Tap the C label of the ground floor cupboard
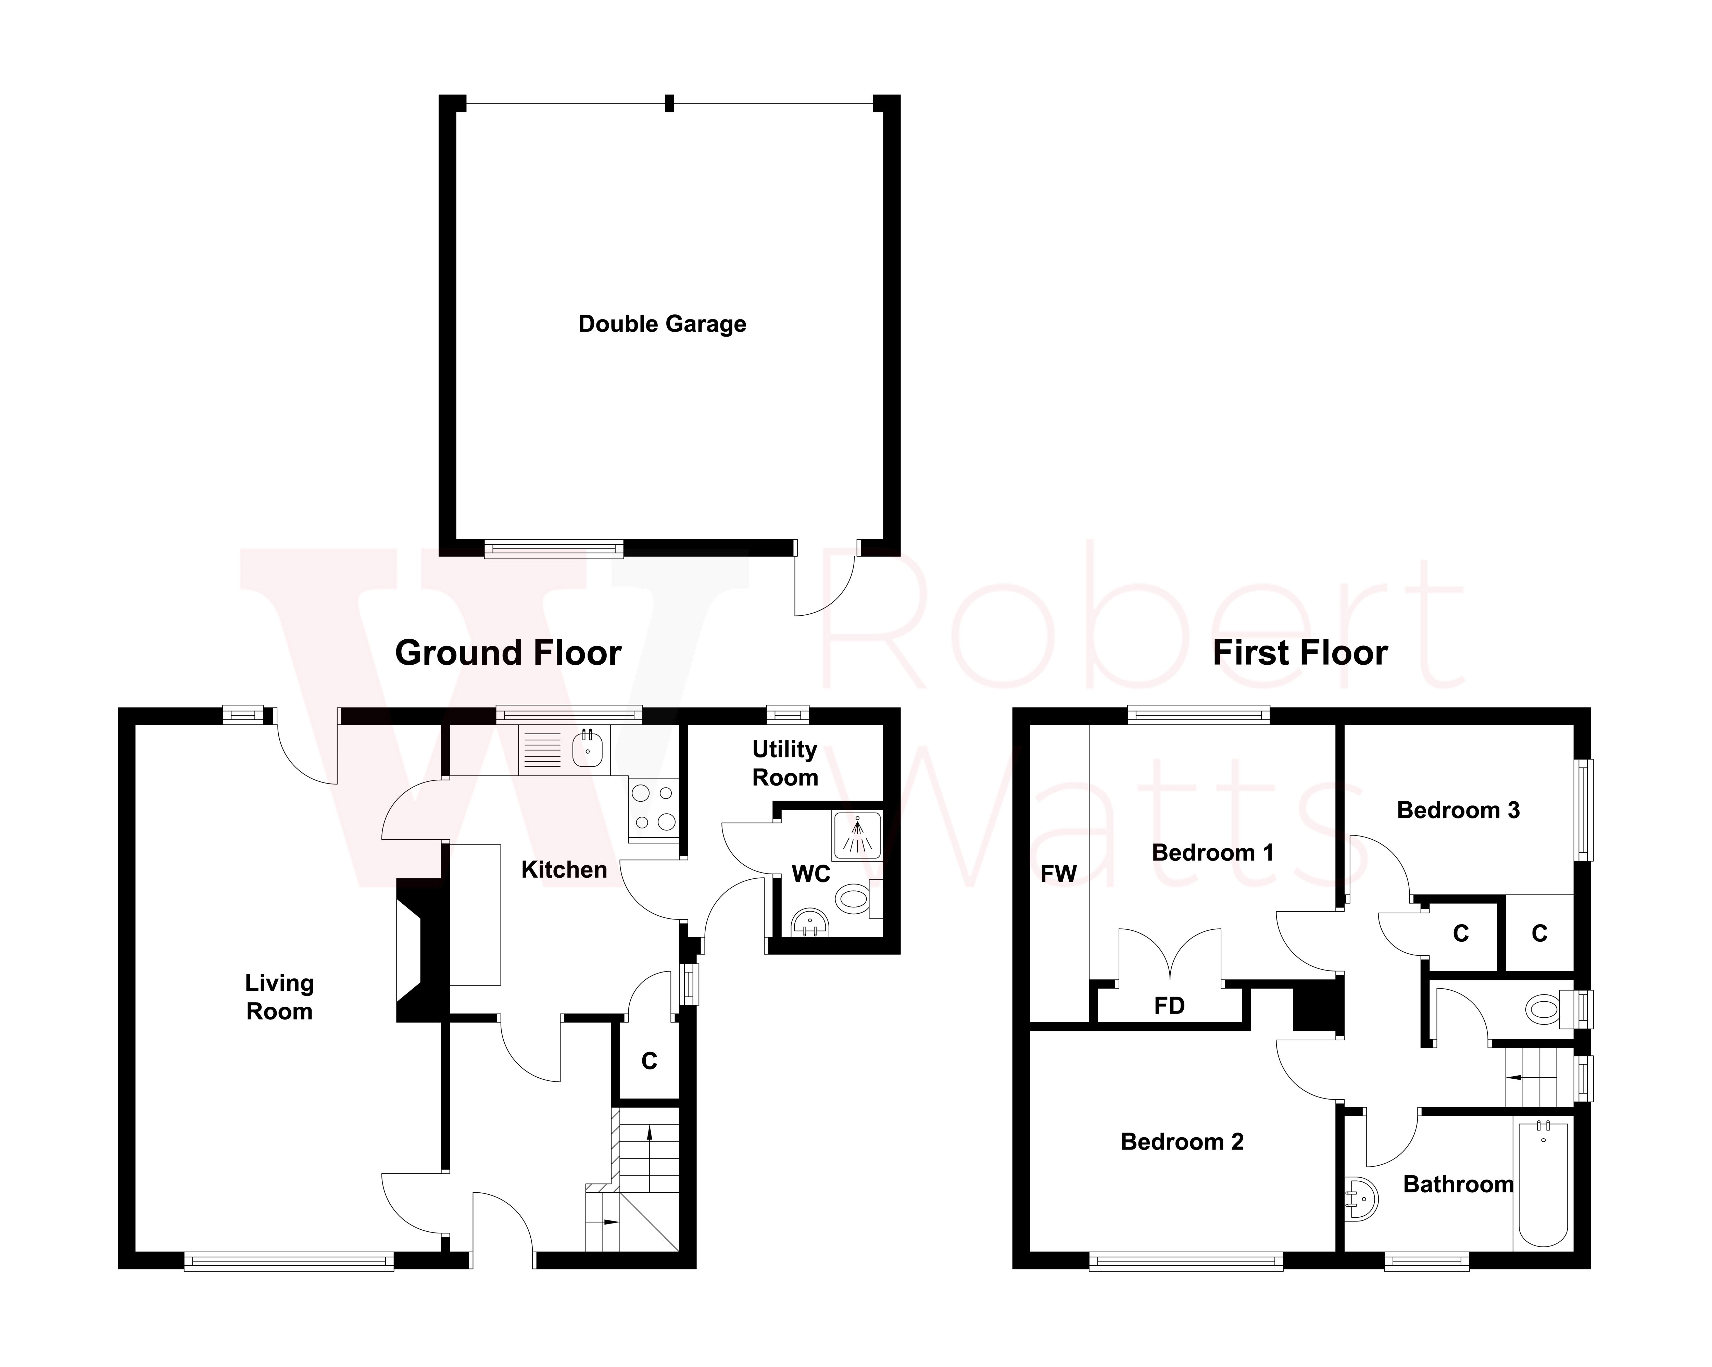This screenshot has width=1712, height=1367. [x=649, y=1061]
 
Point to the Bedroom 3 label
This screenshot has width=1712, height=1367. [x=1458, y=810]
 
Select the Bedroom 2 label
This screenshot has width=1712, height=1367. [x=1182, y=1141]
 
